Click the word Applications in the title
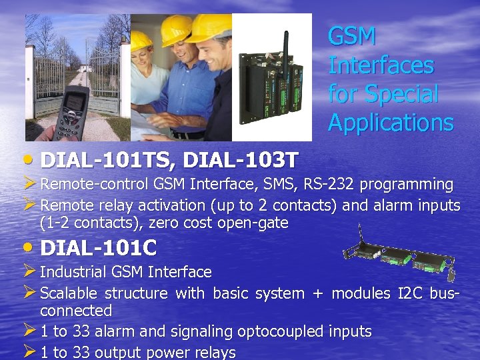pos(391,123)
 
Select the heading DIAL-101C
pos(99,248)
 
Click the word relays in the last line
pos(214,353)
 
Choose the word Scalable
pos(69,293)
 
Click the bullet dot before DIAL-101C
pos(31,248)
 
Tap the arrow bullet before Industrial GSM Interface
pos(29,271)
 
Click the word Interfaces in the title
pos(381,65)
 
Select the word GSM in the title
pos(352,37)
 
